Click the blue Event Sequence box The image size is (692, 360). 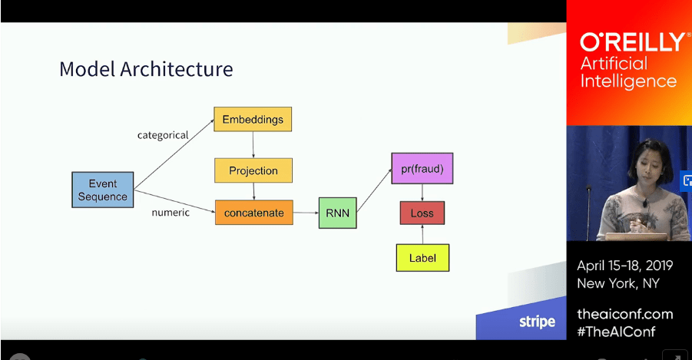click(102, 190)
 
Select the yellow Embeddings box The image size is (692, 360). click(253, 120)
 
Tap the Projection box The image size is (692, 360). click(253, 170)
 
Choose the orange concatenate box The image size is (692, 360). click(253, 213)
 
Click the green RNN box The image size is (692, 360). click(337, 213)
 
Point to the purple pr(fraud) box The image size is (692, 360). click(422, 168)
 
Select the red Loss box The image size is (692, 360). click(422, 213)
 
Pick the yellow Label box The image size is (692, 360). click(422, 258)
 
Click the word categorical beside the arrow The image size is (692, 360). click(163, 135)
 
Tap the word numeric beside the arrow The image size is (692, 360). click(171, 213)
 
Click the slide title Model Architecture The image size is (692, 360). click(146, 69)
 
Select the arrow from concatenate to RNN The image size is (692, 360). click(306, 213)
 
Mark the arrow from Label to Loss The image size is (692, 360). click(422, 234)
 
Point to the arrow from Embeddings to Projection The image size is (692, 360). click(253, 144)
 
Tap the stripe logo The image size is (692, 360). click(537, 321)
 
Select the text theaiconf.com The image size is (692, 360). click(625, 314)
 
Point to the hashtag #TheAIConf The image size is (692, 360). click(617, 332)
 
